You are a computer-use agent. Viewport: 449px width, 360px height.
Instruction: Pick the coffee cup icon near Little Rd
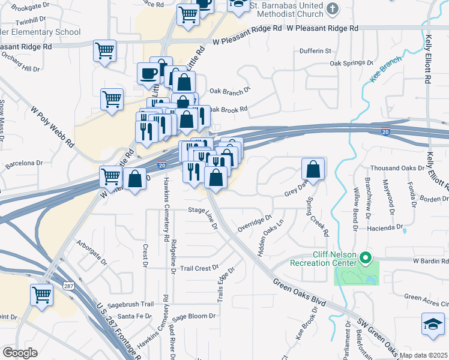(x=148, y=74)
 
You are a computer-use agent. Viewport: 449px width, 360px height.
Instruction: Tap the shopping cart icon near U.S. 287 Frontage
(x=41, y=295)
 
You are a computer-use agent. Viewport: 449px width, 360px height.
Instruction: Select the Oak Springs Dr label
(x=351, y=62)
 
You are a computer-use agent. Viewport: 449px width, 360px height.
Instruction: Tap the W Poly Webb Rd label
(x=52, y=128)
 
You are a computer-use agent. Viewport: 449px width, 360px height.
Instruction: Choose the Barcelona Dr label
(x=24, y=163)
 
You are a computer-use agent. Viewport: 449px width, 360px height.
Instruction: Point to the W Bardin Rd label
(x=430, y=261)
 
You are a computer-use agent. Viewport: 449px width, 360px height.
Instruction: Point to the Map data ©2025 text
(x=424, y=355)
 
